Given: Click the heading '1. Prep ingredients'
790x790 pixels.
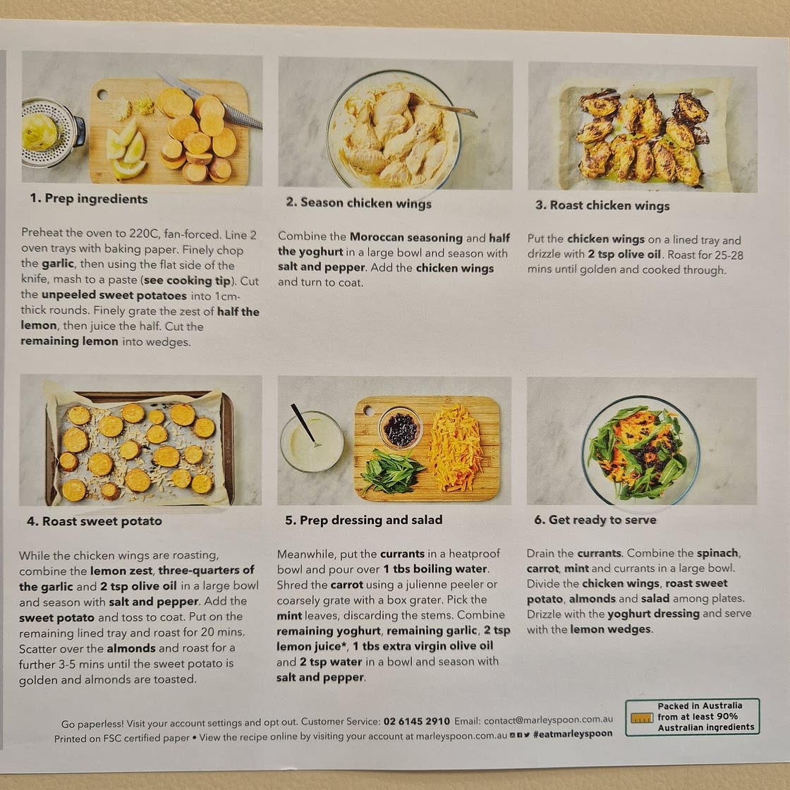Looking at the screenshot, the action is tap(89, 198).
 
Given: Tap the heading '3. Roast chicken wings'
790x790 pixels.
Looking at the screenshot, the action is tap(602, 205).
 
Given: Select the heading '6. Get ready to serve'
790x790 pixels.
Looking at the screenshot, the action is tap(595, 519).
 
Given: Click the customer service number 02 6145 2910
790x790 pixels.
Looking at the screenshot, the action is tap(417, 721).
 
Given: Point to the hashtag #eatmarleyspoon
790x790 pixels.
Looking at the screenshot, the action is tap(573, 734).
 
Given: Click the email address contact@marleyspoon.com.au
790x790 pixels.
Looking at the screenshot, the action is tap(548, 720).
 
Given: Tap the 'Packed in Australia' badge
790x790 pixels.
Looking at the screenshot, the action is tap(692, 717).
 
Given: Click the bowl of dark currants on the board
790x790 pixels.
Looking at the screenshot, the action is tap(400, 428).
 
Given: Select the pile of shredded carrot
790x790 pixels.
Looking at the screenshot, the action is tap(456, 448).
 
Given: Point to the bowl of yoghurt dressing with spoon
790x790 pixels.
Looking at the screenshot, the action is tap(312, 441).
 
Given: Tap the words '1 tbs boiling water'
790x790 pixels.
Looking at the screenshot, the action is tap(435, 569).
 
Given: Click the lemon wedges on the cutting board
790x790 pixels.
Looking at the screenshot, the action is tap(126, 150).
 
